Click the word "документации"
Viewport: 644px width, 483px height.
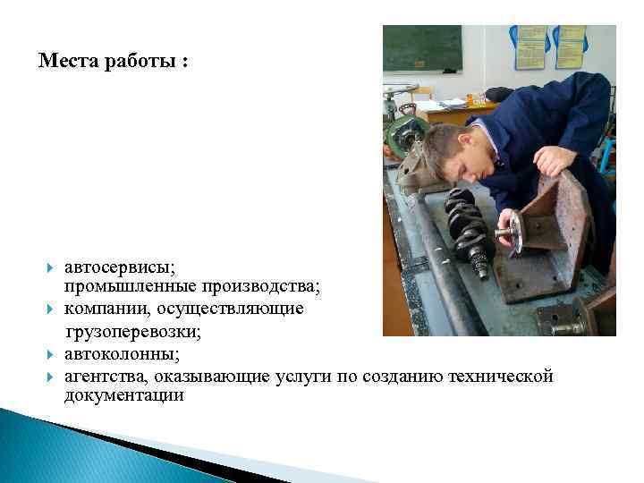tap(124, 395)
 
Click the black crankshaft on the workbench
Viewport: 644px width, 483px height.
tap(469, 230)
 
